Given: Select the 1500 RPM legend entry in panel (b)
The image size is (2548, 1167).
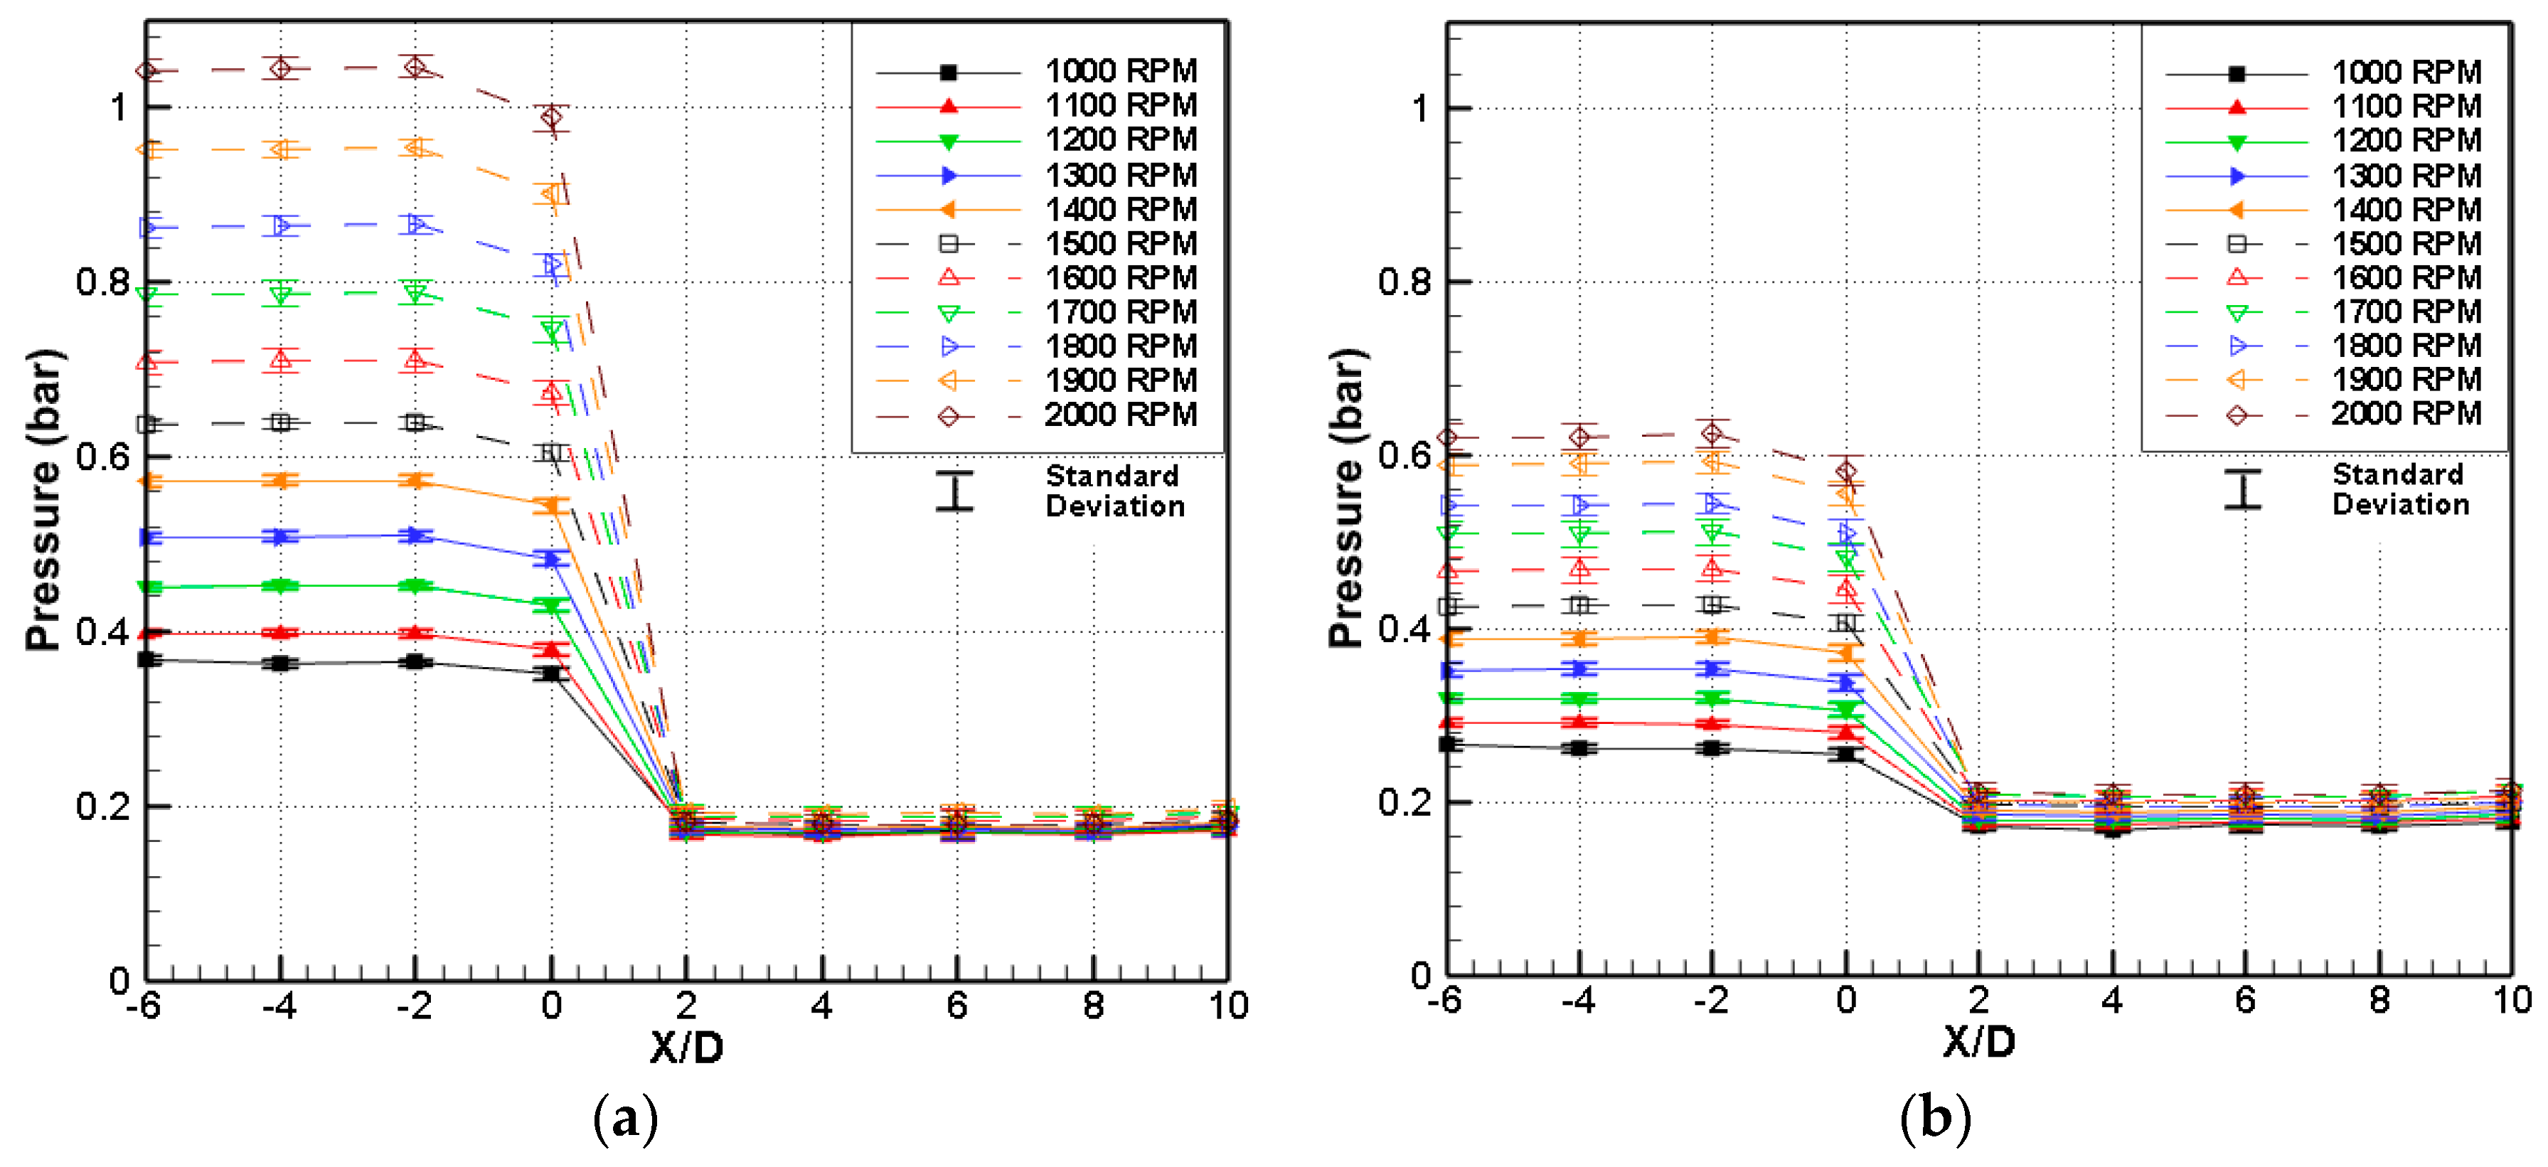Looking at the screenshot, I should click(2406, 243).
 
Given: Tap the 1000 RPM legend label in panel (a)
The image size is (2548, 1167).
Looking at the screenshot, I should click(1121, 71).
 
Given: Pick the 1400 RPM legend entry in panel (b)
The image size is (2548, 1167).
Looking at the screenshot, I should click(2406, 210).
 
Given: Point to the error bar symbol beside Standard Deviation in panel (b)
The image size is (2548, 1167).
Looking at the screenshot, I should click(2242, 489).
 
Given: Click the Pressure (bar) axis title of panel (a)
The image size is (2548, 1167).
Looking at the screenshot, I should click(43, 499).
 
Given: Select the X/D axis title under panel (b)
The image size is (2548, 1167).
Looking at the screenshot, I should click(1978, 1041).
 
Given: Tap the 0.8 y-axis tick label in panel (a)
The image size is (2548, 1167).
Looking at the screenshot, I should click(103, 283).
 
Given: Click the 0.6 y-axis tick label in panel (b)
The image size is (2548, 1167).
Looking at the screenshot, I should click(1404, 456).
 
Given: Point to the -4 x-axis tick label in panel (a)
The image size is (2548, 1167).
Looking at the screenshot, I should click(280, 1006).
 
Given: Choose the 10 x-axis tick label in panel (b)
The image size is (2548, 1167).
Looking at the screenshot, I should click(2510, 1001).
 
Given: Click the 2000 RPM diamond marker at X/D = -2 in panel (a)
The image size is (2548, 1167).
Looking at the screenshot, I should click(415, 68).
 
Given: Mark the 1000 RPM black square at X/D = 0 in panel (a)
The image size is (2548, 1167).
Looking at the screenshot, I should click(551, 673).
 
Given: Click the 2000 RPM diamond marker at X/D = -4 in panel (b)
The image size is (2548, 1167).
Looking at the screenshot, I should click(1579, 436).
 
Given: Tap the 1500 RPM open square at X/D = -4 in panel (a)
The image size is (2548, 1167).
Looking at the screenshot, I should click(281, 422).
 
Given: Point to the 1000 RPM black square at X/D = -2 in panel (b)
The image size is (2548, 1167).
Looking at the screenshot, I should click(1712, 747).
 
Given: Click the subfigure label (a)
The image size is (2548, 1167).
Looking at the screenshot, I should click(625, 1119).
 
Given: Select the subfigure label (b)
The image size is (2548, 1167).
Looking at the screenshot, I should click(1935, 1119).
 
